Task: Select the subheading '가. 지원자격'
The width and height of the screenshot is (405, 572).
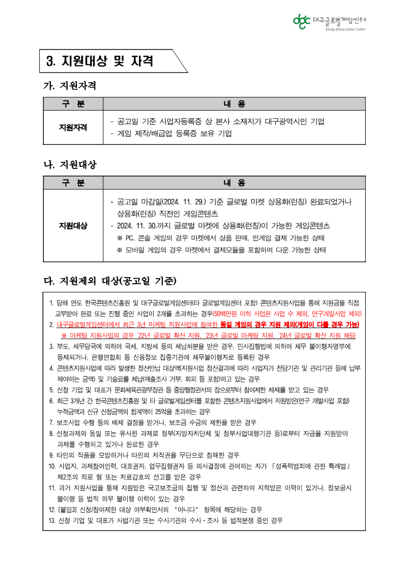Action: (70, 85)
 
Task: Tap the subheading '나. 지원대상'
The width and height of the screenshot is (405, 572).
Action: (70, 165)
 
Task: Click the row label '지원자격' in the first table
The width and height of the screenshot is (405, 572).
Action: (73, 127)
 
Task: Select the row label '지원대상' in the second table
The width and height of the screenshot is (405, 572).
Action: (73, 226)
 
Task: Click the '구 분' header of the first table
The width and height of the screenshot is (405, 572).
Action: (73, 104)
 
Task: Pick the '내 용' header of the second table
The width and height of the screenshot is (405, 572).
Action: (234, 183)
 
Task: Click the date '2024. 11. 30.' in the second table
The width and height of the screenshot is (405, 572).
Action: (137, 226)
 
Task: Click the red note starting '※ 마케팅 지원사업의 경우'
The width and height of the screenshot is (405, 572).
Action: (208, 336)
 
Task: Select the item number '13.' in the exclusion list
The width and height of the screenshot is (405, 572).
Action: (52, 520)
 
